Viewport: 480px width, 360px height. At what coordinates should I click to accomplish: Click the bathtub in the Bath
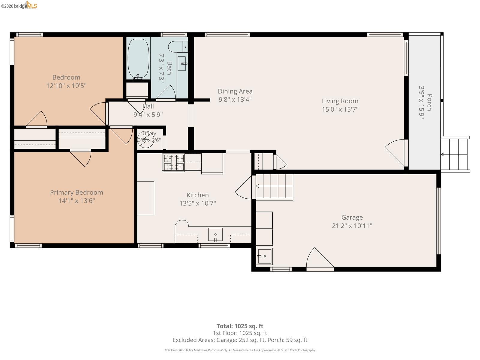tap(138, 58)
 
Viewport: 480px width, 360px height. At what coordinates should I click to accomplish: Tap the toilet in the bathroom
tap(178, 47)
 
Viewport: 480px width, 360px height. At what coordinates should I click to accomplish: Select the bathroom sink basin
tap(182, 64)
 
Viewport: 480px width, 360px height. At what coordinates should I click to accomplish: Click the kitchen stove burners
tap(174, 162)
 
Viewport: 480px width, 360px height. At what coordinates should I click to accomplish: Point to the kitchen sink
tap(215, 235)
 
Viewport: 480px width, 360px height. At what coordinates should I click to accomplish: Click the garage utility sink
tap(264, 256)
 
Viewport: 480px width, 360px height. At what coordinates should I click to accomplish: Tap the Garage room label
tap(352, 217)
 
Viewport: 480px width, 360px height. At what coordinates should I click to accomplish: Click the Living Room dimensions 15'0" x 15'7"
tap(340, 109)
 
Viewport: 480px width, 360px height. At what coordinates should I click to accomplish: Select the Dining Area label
tap(235, 91)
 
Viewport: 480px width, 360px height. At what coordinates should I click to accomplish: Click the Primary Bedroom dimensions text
tap(76, 201)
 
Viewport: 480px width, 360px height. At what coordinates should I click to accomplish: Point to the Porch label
tap(430, 102)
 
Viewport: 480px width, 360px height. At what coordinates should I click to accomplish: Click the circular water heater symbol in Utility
tap(145, 140)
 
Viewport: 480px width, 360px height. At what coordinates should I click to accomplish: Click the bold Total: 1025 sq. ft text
tap(240, 326)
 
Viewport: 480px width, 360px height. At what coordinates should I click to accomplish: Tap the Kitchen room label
tap(197, 195)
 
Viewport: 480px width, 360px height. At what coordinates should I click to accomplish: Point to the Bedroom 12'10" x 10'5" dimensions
tap(66, 86)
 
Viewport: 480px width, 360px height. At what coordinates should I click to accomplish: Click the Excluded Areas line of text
tap(240, 340)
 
